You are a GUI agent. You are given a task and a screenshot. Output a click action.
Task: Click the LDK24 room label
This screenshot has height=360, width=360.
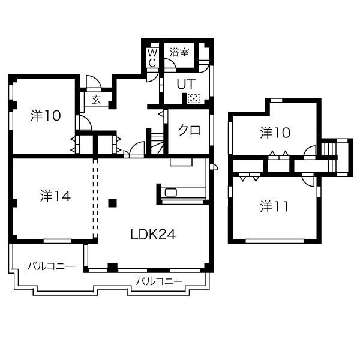[x=153, y=235]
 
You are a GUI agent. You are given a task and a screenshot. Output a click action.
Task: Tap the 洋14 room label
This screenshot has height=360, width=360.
[x=55, y=196]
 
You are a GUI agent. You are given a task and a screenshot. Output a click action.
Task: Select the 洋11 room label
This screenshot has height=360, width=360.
[x=274, y=206]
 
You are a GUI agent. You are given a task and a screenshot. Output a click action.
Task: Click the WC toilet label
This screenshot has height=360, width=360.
[x=152, y=58]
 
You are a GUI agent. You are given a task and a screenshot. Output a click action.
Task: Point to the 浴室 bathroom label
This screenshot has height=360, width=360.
[x=179, y=52]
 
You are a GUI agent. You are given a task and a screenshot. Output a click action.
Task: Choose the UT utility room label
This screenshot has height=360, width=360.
[x=186, y=84]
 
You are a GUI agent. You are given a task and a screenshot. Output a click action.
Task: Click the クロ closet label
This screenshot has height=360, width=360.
[x=189, y=130]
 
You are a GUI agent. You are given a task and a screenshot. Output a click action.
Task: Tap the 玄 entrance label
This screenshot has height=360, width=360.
[x=96, y=100]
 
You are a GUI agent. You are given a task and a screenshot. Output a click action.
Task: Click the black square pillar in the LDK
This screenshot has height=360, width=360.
[x=113, y=203]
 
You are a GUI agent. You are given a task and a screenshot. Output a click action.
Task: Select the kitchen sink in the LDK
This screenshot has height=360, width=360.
[x=171, y=192]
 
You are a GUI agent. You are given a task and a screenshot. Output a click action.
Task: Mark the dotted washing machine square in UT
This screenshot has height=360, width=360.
[x=194, y=99]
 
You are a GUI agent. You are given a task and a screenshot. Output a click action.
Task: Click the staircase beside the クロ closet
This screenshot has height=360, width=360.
[x=157, y=144]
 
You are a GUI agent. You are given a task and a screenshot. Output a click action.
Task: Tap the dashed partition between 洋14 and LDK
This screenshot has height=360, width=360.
[x=95, y=199]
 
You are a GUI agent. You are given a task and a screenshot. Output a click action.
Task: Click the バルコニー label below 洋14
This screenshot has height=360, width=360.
[x=51, y=266]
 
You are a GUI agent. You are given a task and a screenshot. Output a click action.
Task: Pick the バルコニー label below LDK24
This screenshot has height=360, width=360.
[x=160, y=281]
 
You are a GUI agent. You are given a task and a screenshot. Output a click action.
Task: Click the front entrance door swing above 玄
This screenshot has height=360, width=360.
[x=94, y=82]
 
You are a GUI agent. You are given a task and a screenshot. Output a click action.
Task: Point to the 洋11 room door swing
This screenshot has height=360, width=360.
[x=308, y=179]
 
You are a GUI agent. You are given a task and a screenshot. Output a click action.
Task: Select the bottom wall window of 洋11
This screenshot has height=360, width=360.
[x=275, y=241]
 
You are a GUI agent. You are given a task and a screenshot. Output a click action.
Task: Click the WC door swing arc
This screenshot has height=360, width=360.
[x=152, y=76]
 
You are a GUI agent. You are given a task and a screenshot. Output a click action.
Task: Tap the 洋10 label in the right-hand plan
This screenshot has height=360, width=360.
[x=275, y=133]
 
